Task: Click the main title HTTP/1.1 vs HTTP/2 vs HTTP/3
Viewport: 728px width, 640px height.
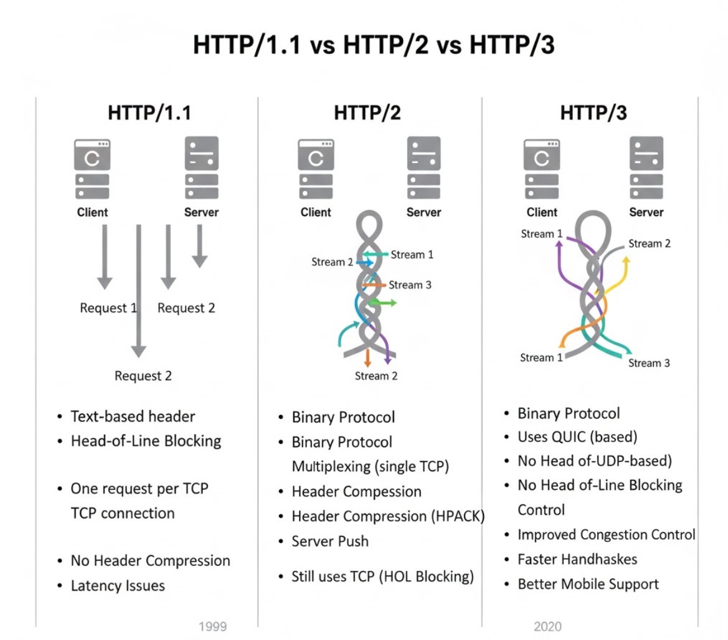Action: [x=373, y=46]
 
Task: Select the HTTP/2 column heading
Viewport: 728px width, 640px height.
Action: [x=367, y=113]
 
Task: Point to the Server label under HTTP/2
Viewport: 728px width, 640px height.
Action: [x=423, y=212]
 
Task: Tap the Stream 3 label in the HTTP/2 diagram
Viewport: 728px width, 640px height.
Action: [x=410, y=285]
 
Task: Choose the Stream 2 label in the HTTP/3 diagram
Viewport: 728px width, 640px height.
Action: [x=649, y=243]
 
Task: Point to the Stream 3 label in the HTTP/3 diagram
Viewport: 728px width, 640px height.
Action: [x=649, y=363]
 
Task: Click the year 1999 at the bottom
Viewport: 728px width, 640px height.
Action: [x=212, y=626]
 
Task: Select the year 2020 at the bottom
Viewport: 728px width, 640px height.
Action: [x=547, y=626]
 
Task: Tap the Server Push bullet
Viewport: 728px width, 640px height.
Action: [x=330, y=541]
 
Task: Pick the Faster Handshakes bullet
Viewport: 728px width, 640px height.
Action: [x=577, y=559]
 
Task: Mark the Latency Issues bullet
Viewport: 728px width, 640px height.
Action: [x=118, y=585]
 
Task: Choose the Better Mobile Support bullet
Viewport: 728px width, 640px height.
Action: [x=588, y=584]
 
